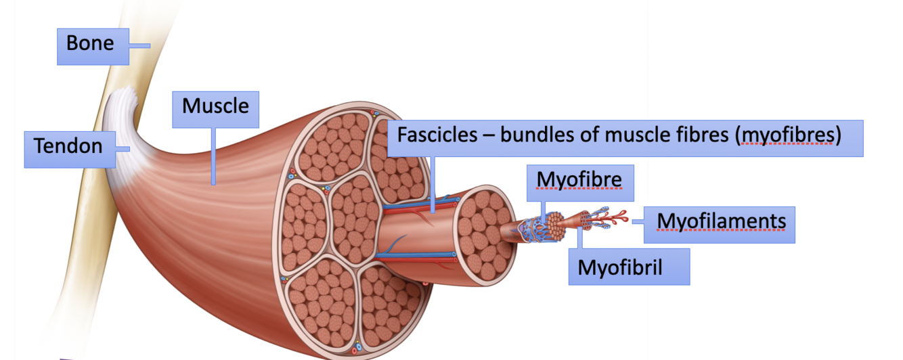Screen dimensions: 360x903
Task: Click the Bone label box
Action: click(93, 46)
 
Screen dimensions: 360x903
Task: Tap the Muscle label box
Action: click(215, 109)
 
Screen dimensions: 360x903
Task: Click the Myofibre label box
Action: click(581, 182)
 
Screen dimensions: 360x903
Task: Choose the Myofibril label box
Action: click(628, 267)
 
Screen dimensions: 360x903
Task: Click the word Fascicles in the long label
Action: click(436, 135)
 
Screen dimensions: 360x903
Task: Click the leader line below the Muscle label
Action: click(214, 156)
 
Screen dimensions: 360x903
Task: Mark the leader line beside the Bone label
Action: click(139, 46)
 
